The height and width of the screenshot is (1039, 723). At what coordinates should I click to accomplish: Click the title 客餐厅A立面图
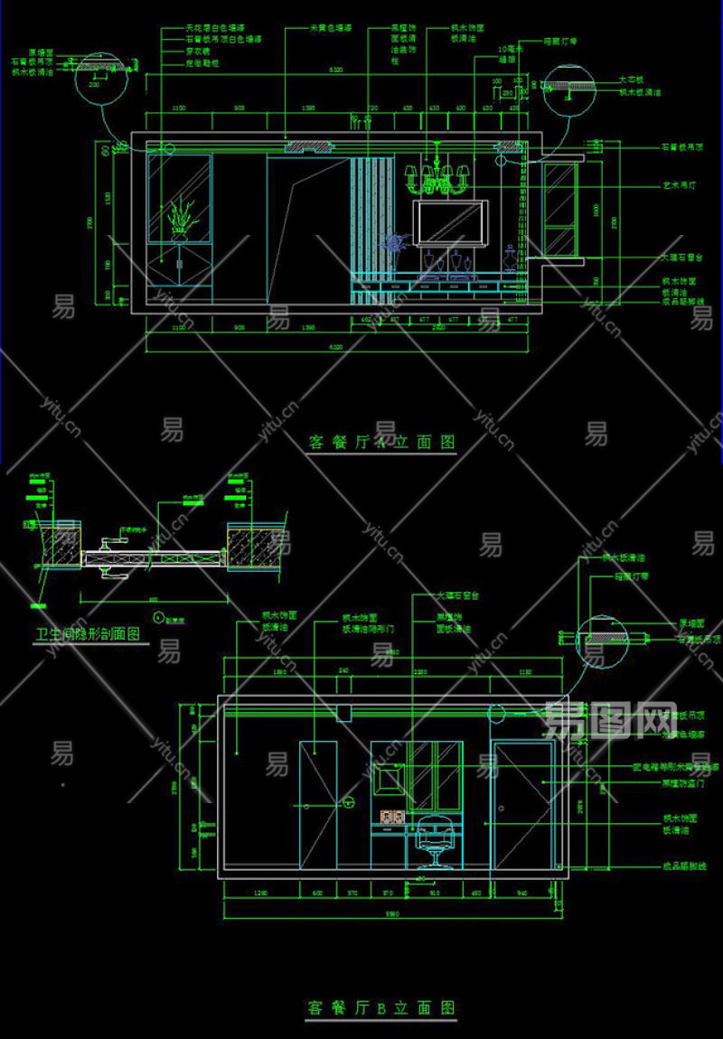[381, 443]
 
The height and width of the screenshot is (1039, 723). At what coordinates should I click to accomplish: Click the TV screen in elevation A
[450, 222]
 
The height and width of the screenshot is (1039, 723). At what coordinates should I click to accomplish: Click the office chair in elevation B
[432, 840]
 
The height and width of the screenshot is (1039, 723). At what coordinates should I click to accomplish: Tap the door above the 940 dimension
[522, 804]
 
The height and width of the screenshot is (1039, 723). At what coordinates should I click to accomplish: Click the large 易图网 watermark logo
[612, 720]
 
